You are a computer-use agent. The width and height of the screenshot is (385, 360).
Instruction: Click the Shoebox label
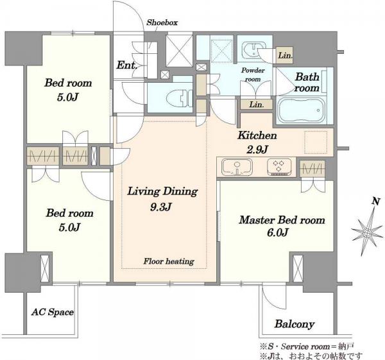click(x=162, y=22)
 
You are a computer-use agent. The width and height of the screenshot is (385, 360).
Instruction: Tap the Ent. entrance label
click(x=126, y=65)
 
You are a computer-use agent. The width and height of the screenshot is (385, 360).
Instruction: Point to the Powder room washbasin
click(x=253, y=51)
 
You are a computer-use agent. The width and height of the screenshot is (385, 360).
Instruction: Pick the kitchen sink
click(x=237, y=167)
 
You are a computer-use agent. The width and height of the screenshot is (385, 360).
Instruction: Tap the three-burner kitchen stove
click(x=279, y=167)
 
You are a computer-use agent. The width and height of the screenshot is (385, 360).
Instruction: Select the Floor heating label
click(x=169, y=261)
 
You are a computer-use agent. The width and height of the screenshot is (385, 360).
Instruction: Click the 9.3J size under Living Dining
click(x=160, y=207)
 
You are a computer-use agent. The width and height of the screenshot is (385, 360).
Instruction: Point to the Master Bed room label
click(x=282, y=219)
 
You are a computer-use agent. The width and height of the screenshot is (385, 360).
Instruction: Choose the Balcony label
click(x=295, y=324)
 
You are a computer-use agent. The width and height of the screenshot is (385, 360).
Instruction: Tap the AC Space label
click(x=53, y=312)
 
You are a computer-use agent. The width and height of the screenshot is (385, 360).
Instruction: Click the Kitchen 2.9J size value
click(x=257, y=150)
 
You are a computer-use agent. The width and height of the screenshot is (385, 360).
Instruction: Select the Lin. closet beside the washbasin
click(x=285, y=55)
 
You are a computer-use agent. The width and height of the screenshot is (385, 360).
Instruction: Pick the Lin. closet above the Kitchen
click(x=257, y=105)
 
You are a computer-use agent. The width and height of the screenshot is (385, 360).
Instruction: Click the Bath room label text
click(x=307, y=82)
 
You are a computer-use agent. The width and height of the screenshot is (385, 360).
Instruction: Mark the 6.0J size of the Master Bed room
click(x=277, y=232)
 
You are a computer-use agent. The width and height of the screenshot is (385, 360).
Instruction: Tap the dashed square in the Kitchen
click(x=316, y=142)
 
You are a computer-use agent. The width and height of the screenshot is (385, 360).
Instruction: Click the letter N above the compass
click(x=375, y=201)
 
